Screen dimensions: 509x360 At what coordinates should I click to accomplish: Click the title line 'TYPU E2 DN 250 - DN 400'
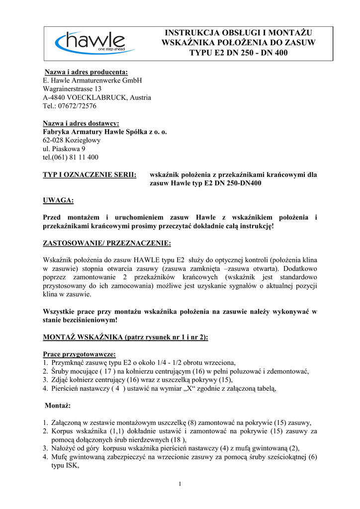pyautogui.click(x=238, y=53)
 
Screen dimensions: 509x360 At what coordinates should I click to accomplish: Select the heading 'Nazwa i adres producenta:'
pyautogui.click(x=87, y=72)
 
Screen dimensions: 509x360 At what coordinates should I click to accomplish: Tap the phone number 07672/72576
pyautogui.click(x=77, y=106)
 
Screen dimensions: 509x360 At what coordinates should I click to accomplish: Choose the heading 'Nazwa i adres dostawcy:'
pyautogui.click(x=81, y=123)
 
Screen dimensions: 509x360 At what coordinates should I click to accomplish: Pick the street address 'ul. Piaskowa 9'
pyautogui.click(x=64, y=149)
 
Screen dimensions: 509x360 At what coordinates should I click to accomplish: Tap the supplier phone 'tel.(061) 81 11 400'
pyautogui.click(x=71, y=157)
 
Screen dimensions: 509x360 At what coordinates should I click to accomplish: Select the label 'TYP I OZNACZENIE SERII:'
pyautogui.click(x=90, y=174)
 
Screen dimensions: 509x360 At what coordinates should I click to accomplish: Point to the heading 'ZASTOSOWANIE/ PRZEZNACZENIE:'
pyautogui.click(x=107, y=243)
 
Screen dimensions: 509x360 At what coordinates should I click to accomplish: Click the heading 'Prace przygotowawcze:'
pyautogui.click(x=79, y=354)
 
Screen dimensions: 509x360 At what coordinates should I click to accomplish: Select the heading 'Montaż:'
pyautogui.click(x=58, y=406)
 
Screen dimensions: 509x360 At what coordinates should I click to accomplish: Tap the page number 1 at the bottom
pyautogui.click(x=180, y=484)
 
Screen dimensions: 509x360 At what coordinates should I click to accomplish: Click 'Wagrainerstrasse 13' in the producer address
pyautogui.click(x=72, y=89)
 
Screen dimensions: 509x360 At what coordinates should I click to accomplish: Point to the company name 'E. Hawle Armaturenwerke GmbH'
pyautogui.click(x=92, y=80)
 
